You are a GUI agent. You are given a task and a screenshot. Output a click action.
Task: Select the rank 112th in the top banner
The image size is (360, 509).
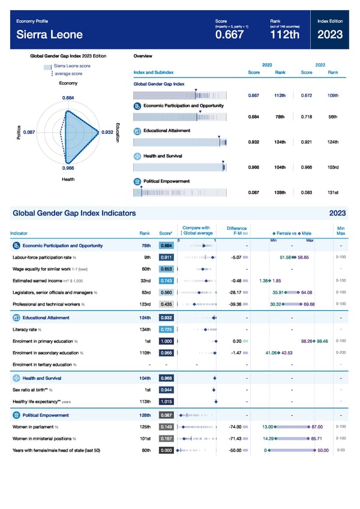[286, 35]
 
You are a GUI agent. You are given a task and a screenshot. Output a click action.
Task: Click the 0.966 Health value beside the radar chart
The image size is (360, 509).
[68, 169]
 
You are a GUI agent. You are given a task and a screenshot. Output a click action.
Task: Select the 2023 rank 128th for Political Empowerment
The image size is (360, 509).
[279, 192]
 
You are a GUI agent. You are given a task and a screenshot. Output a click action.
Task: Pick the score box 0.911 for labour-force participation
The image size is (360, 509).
[167, 257]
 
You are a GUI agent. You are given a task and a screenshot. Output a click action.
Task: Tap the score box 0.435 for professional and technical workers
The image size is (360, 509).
[167, 304]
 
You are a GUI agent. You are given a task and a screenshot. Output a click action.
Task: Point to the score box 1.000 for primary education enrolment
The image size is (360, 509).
[167, 341]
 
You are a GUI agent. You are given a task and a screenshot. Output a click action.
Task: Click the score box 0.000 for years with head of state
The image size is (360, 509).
[167, 450]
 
